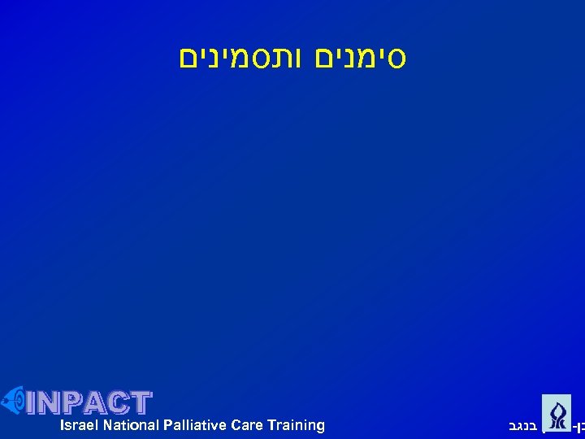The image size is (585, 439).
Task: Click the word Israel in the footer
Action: point(78,425)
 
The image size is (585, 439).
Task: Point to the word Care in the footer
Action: point(247,425)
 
